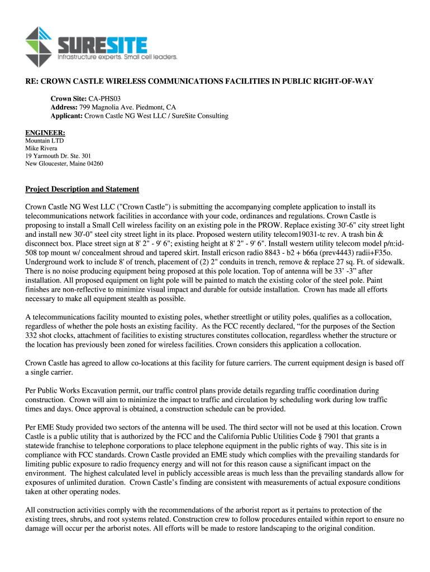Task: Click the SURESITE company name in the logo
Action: (x=103, y=45)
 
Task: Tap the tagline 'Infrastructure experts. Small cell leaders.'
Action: (x=118, y=57)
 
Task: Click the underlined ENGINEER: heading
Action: (x=45, y=132)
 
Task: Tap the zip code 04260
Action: (x=94, y=164)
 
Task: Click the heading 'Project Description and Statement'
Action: (x=82, y=189)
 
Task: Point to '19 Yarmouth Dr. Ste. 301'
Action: (x=58, y=156)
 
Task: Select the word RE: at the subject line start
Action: (x=31, y=81)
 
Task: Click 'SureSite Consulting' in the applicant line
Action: (x=198, y=116)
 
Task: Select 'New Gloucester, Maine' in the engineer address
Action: (x=55, y=164)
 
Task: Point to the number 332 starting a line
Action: (x=32, y=335)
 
